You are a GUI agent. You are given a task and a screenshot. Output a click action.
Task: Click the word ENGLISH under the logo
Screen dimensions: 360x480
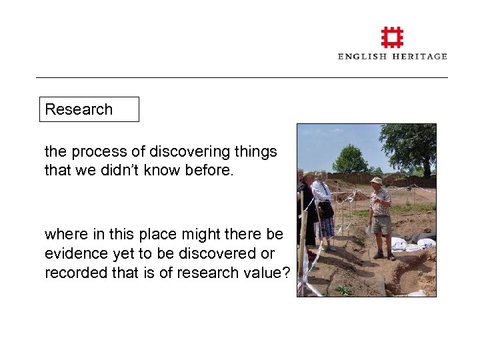tap(363, 57)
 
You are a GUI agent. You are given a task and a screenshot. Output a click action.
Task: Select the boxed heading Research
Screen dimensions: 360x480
tap(79, 109)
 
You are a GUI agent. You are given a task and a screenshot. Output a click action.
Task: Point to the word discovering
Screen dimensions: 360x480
tap(184, 152)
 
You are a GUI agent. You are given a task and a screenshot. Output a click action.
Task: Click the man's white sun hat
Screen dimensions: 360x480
tap(377, 180)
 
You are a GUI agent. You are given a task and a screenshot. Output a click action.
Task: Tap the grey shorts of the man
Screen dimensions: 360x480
tap(383, 224)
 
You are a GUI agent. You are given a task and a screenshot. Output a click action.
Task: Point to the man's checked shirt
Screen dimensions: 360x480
tap(381, 201)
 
